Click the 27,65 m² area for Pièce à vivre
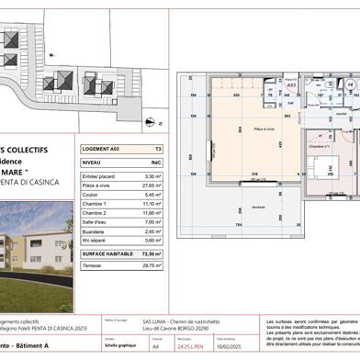[153, 186]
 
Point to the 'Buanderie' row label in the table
[95, 231]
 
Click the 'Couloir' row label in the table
[92, 195]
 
